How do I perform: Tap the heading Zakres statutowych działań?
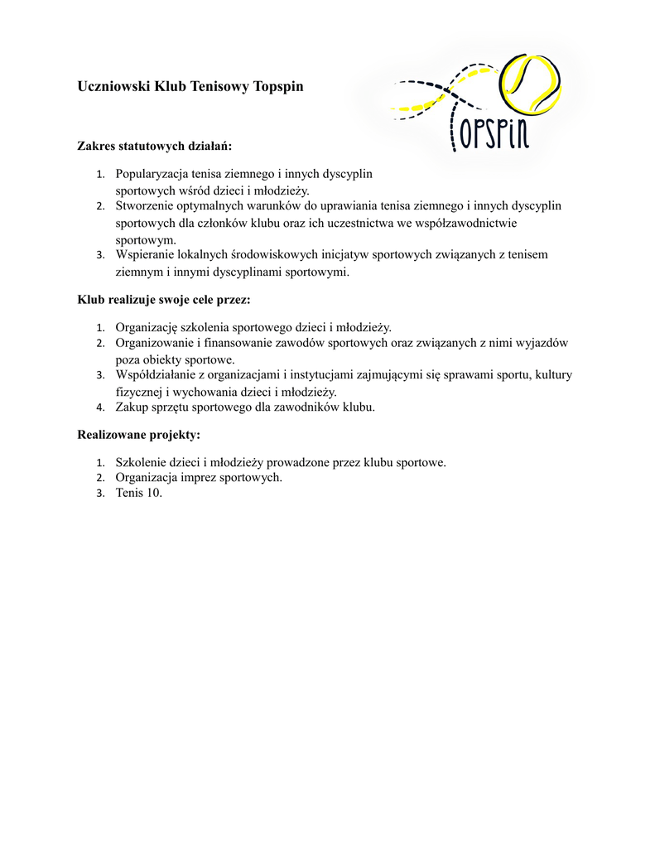pos(155,146)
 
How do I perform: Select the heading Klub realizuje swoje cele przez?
pos(163,299)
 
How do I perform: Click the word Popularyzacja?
pos(152,174)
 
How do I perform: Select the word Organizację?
pos(147,327)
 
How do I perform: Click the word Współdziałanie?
pos(155,374)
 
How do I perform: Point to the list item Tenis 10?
pos(139,494)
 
